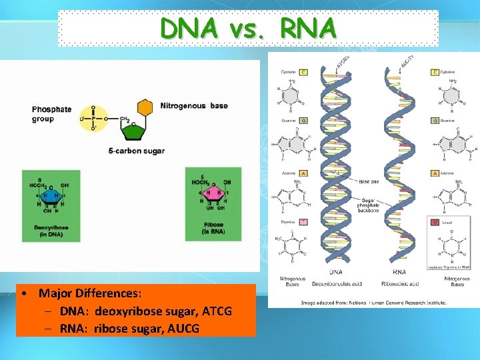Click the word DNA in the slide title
189,28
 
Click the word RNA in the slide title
309,28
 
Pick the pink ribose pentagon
214,195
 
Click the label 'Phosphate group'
51,114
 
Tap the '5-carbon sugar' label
136,151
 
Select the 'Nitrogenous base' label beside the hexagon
193,106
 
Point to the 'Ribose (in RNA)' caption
214,228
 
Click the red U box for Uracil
435,221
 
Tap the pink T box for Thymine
303,221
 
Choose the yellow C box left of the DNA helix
303,71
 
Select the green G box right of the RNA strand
435,121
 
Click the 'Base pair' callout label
369,181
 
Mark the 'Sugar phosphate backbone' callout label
369,205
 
